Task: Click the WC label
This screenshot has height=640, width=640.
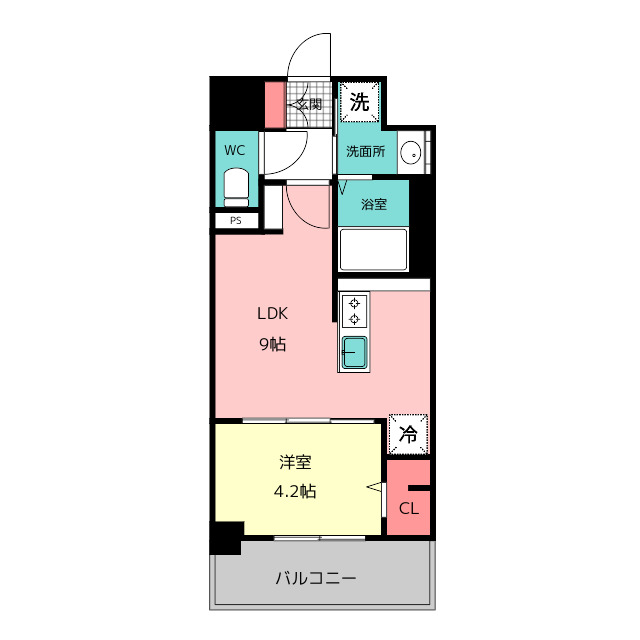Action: point(235,151)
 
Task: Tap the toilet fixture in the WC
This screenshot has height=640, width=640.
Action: point(236,188)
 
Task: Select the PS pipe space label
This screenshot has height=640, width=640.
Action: point(236,221)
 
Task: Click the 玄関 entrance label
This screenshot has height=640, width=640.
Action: point(309,104)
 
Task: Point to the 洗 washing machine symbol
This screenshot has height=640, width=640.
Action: point(360,102)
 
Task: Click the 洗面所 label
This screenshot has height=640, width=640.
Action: point(365,151)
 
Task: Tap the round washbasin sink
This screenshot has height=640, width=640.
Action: point(411,152)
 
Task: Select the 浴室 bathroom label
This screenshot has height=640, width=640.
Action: point(373,204)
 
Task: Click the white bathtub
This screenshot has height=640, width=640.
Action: point(373,249)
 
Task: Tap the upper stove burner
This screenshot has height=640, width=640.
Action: point(354,304)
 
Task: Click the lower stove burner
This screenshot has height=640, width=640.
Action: point(354,319)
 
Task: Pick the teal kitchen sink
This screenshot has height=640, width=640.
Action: point(354,352)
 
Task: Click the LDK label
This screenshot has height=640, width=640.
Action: point(272,313)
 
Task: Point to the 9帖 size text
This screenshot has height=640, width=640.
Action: point(272,344)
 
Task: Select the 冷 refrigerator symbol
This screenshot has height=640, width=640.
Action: point(408,434)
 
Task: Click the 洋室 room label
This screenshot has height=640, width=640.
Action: point(295,462)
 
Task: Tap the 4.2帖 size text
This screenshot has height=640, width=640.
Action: point(295,491)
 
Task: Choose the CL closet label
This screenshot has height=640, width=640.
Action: point(409,509)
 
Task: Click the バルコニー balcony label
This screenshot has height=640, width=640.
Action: point(316,578)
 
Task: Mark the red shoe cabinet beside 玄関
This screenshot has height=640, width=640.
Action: point(275,105)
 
